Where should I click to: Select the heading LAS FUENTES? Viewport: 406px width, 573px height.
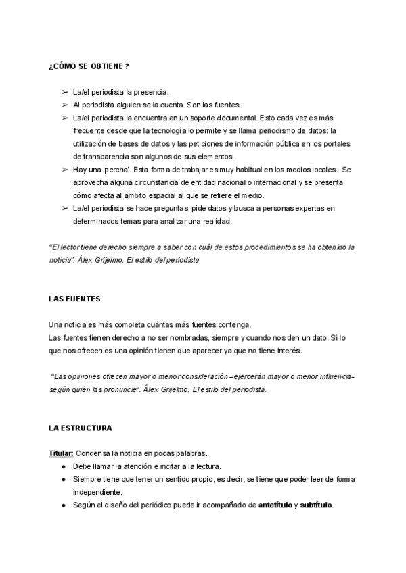[74, 298]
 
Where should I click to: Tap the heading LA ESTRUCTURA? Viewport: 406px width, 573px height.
[81, 428]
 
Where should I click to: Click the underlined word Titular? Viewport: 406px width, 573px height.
[62, 453]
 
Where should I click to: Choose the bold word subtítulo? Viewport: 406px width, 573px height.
[316, 505]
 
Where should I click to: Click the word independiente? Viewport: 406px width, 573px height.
[100, 492]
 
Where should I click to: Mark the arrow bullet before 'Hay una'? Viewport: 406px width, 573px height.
[65, 170]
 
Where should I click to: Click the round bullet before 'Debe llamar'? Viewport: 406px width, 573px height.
[63, 466]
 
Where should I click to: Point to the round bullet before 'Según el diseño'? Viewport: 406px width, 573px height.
[63, 505]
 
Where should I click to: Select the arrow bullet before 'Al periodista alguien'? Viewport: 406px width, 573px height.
[65, 105]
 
